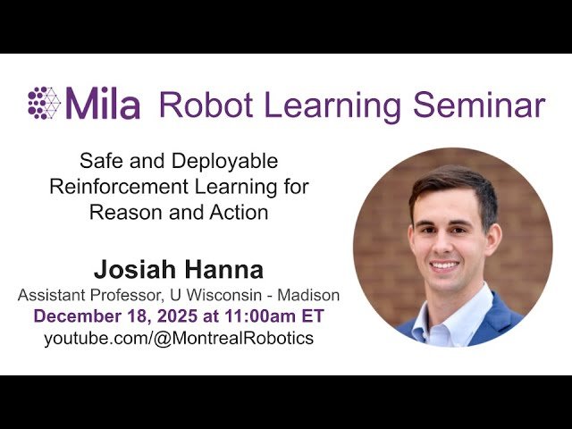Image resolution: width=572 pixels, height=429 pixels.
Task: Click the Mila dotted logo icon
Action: coord(44,103)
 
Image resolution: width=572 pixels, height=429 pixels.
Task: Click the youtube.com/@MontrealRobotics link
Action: coord(179,339)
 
